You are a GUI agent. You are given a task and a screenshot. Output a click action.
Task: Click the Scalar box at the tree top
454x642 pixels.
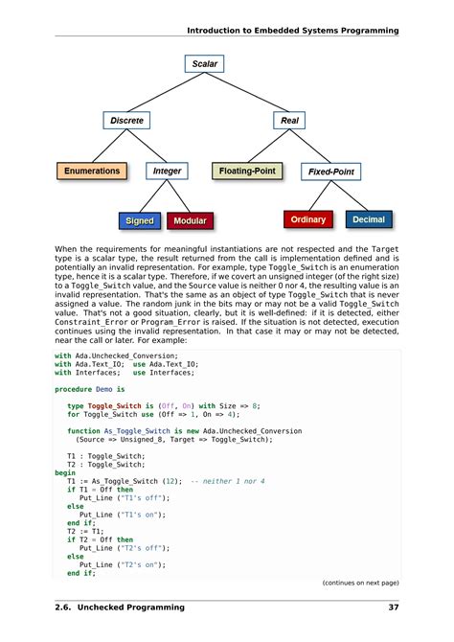tap(204, 64)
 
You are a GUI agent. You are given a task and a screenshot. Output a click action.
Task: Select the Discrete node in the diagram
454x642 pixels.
tap(127, 121)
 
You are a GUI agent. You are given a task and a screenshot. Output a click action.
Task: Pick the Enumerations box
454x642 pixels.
tap(92, 172)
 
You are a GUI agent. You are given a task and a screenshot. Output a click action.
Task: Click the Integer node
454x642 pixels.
tap(167, 172)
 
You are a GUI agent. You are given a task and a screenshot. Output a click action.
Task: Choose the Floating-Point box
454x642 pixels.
tap(247, 172)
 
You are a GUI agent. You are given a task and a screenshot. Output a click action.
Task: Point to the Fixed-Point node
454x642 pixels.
tap(330, 172)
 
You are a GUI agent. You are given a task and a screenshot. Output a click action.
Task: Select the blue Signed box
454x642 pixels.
tap(139, 221)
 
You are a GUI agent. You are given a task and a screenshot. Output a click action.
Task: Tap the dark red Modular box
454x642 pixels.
tap(191, 221)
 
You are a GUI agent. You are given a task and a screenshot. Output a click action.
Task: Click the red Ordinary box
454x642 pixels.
tap(308, 219)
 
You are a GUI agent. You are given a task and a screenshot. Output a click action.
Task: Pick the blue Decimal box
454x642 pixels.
tap(369, 219)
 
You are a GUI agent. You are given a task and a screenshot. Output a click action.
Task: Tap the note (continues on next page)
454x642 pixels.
tap(360, 582)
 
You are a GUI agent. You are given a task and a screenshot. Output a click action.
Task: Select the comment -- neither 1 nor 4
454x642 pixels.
tap(228, 480)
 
